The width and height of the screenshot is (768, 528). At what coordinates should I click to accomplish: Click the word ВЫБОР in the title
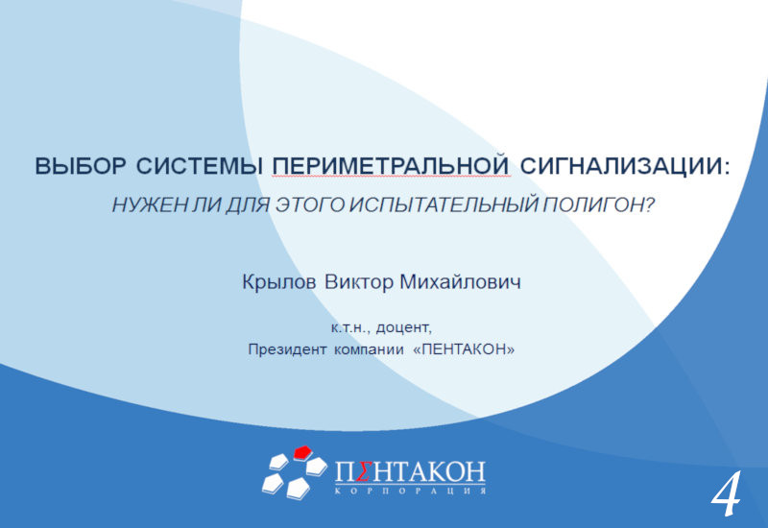tap(81, 166)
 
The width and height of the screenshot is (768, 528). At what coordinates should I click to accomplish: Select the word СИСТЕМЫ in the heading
tap(200, 166)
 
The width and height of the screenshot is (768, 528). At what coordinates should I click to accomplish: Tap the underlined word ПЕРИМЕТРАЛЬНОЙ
tap(391, 166)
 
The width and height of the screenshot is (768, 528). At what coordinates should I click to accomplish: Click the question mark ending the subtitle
tap(650, 204)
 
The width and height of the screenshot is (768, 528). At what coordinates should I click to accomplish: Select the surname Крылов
tap(279, 282)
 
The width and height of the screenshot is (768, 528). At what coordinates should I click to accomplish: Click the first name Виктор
tap(359, 282)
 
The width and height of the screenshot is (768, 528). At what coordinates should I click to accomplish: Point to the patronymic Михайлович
tap(461, 282)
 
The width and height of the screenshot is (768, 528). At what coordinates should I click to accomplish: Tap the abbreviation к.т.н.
tap(348, 327)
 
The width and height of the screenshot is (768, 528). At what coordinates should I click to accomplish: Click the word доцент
tap(403, 328)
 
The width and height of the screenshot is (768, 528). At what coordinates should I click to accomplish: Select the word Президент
tap(287, 349)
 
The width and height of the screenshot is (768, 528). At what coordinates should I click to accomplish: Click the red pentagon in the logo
tap(303, 452)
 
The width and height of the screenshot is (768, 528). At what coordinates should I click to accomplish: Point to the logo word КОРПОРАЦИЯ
tap(411, 491)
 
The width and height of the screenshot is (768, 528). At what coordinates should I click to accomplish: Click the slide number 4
tap(726, 493)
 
